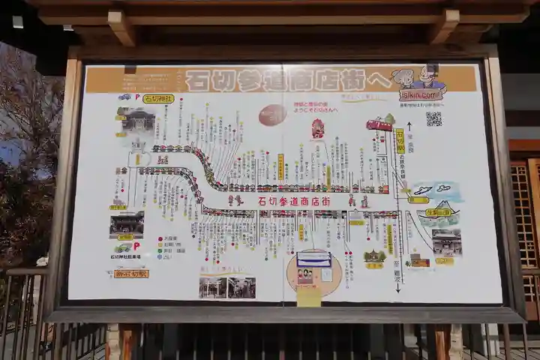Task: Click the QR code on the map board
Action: click(433, 118)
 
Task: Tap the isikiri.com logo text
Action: click(421, 95)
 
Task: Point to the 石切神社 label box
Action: click(159, 98)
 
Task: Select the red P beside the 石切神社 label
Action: click(136, 97)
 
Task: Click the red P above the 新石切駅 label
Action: click(136, 245)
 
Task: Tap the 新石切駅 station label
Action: click(132, 274)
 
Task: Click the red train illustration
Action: click(379, 124)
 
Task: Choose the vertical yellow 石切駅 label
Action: click(400, 141)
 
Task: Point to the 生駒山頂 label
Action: click(439, 212)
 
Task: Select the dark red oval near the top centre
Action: click(271, 115)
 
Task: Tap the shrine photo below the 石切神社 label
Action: click(136, 118)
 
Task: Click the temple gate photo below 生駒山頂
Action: click(447, 242)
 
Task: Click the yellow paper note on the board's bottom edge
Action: click(308, 297)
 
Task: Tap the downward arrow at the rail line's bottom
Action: click(397, 286)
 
